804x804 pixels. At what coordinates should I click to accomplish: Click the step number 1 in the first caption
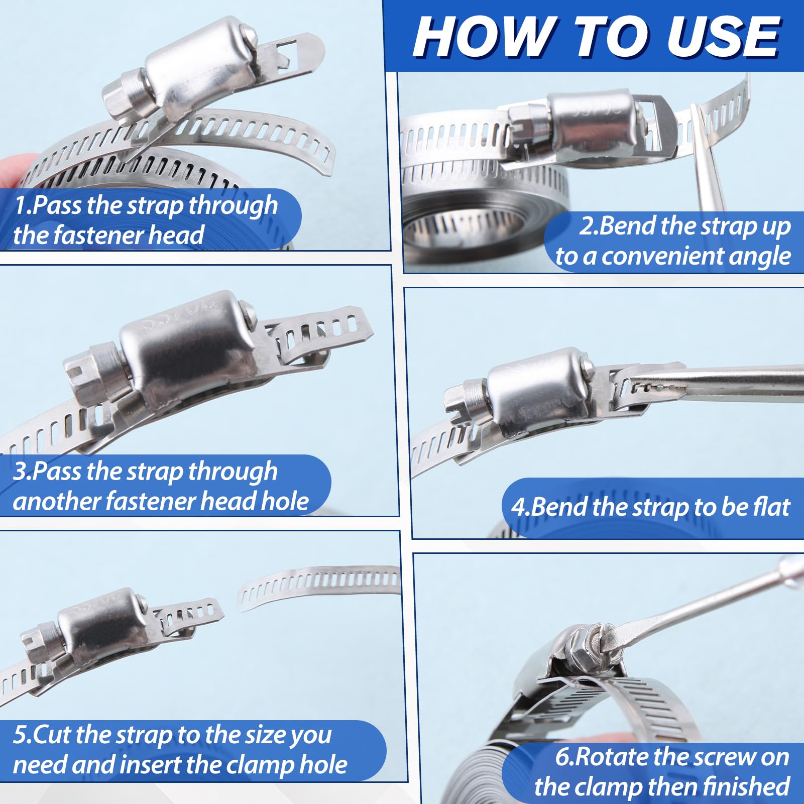tap(19, 206)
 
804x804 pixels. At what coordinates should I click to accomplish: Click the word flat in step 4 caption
tap(772, 506)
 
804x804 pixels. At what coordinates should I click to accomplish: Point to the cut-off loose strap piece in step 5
tap(319, 585)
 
